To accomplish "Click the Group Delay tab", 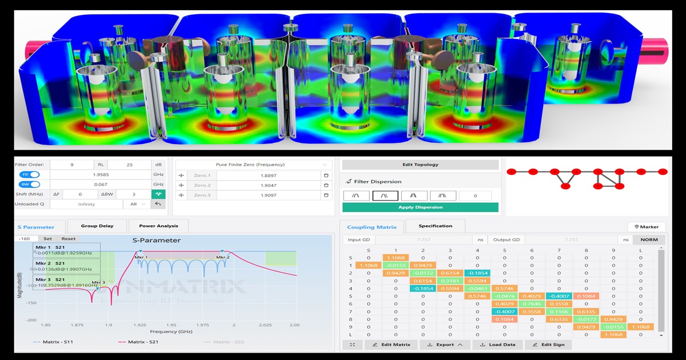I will [97, 226].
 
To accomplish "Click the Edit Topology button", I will [420, 165].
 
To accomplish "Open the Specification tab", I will [435, 226].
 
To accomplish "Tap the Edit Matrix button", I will [392, 345].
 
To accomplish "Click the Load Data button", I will [498, 345].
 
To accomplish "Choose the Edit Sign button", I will [548, 345].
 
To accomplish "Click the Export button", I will [445, 345].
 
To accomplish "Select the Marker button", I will [647, 227].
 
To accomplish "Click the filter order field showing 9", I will [72, 165].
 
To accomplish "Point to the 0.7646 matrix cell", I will [532, 304].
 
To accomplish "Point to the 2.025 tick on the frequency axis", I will [264, 325].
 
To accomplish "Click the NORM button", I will [649, 240].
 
